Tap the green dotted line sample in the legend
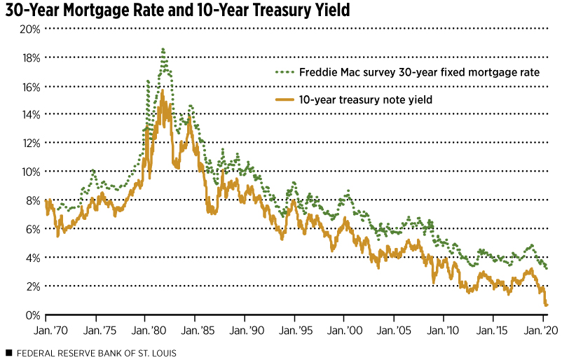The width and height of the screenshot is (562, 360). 283,72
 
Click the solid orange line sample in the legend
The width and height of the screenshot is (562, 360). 283,100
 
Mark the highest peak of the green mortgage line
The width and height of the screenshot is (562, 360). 163,49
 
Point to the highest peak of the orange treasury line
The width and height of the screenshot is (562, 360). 162,90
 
